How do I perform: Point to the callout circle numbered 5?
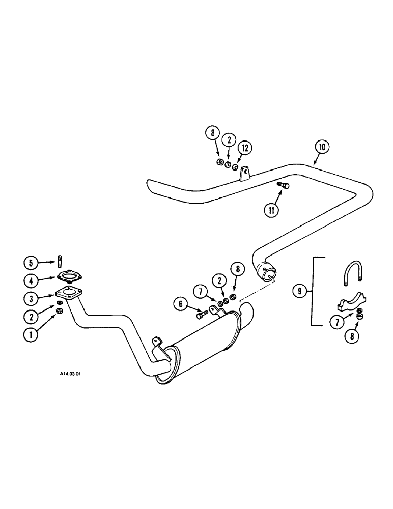(32, 263)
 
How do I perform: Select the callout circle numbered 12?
(245, 148)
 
